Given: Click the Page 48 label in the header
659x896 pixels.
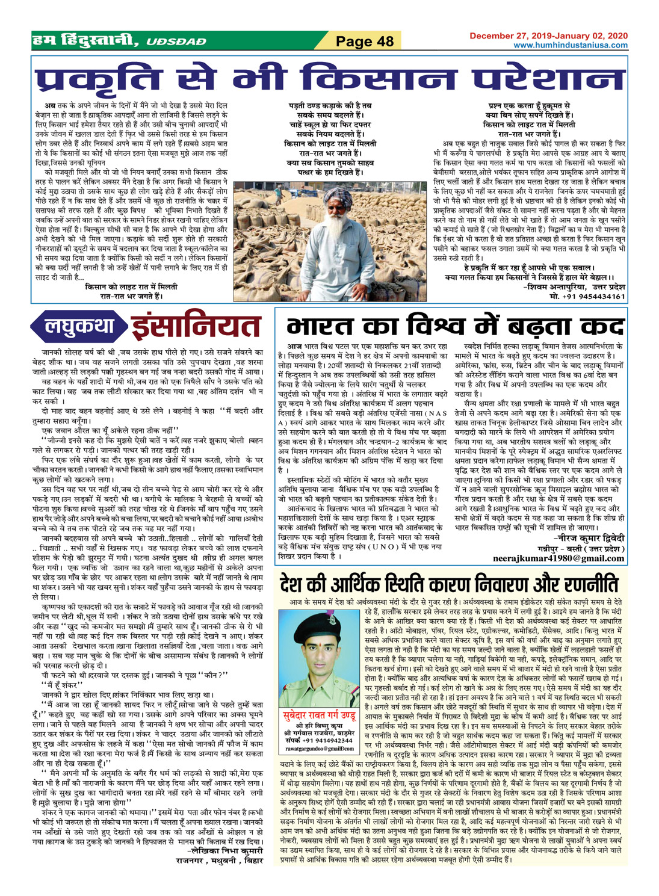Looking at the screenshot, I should pyautogui.click(x=364, y=42).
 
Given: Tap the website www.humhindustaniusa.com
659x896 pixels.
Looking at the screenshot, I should pyautogui.click(x=570, y=45).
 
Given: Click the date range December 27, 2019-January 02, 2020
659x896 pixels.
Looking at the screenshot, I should pyautogui.click(x=548, y=36).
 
